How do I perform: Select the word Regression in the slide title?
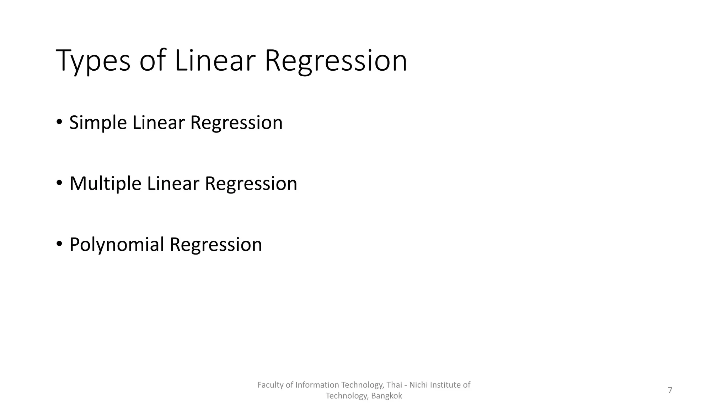[x=336, y=61]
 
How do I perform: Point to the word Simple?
[x=98, y=123]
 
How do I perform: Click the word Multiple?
[x=105, y=184]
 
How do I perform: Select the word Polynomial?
[x=117, y=245]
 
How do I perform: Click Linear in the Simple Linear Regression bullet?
[x=159, y=123]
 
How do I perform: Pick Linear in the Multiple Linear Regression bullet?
[x=173, y=184]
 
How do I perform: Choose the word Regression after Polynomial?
[x=216, y=245]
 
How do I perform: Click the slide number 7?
[x=670, y=390]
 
